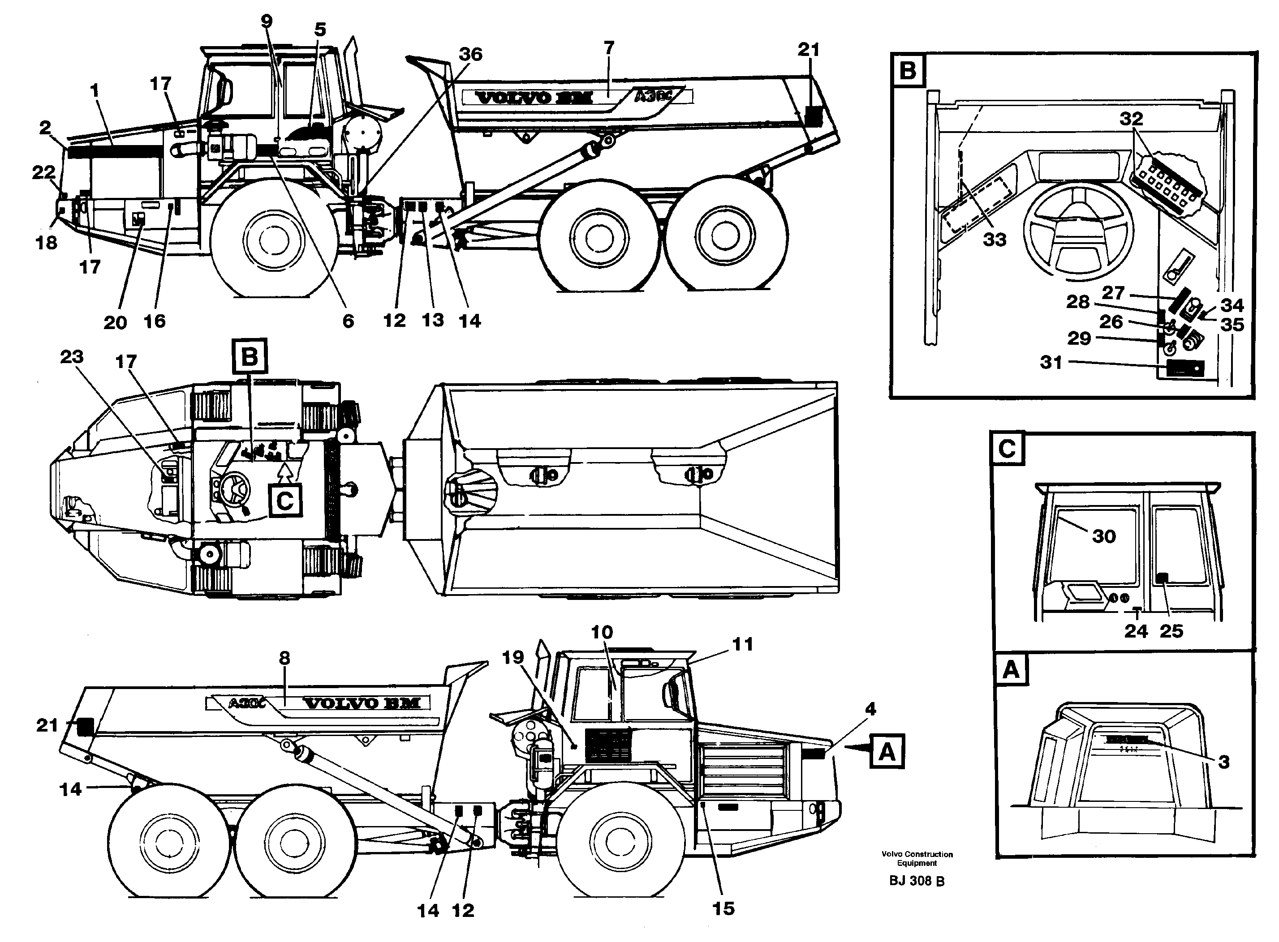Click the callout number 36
point(471,55)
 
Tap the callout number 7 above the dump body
point(609,48)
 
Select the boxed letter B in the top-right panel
point(908,70)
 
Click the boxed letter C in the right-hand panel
point(1007,448)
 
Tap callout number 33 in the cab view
point(995,240)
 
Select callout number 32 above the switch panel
point(1131,119)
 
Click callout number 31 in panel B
point(1051,362)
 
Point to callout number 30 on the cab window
point(1104,536)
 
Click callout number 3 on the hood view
point(1223,762)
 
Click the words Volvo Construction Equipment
point(917,858)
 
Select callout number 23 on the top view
point(72,357)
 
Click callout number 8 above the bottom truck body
point(284,658)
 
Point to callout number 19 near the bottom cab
point(513,657)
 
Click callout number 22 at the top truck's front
point(43,172)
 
